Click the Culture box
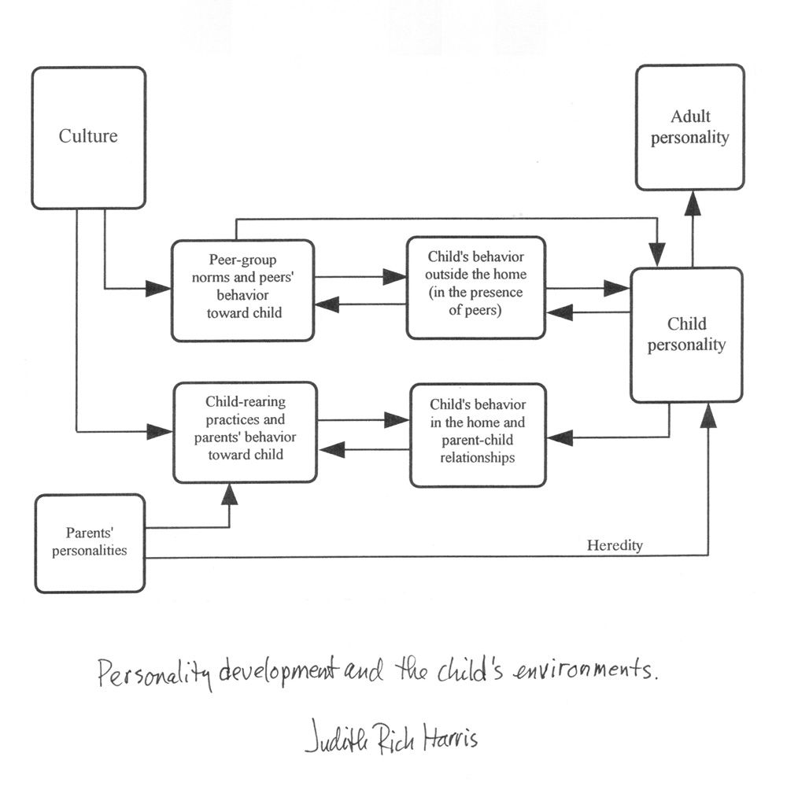point(88,138)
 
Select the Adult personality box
point(689,127)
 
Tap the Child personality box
point(686,334)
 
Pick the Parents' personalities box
point(90,543)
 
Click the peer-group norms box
point(242,290)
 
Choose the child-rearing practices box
point(245,432)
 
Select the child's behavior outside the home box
point(475,287)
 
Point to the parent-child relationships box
point(478,435)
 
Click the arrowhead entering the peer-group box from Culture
point(158,289)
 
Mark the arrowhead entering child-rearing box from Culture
point(159,431)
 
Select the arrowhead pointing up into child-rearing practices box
point(229,494)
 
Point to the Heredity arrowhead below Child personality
point(708,415)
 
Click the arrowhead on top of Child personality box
point(656,254)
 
